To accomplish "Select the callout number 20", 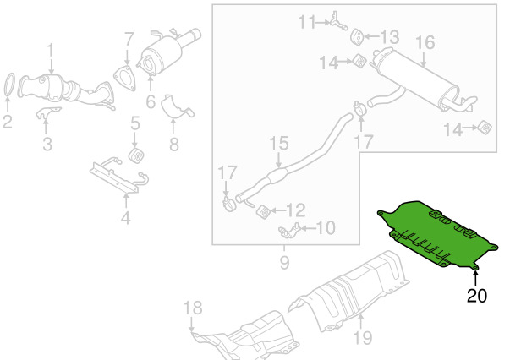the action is tap(477, 296).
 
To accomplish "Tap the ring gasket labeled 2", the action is tap(10, 85).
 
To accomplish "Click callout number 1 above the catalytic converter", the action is tap(50, 52).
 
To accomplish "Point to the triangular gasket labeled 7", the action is tap(125, 79).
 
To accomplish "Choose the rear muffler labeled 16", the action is tap(423, 79).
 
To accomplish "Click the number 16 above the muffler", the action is tap(425, 43).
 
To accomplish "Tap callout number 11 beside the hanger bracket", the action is tap(306, 22).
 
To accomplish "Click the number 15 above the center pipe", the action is tap(279, 144).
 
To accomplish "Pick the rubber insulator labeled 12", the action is tap(263, 212).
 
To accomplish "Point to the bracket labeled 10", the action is tap(289, 231).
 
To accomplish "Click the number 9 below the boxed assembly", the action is tap(284, 262).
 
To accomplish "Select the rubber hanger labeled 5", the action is tap(136, 155).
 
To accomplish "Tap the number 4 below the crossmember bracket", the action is tap(125, 217).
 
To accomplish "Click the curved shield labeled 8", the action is tap(176, 107).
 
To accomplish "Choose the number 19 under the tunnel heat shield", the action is tap(362, 338).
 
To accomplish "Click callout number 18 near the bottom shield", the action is tap(193, 308).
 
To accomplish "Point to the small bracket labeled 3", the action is tap(47, 112).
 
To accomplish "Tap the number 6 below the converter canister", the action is tap(151, 101).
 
